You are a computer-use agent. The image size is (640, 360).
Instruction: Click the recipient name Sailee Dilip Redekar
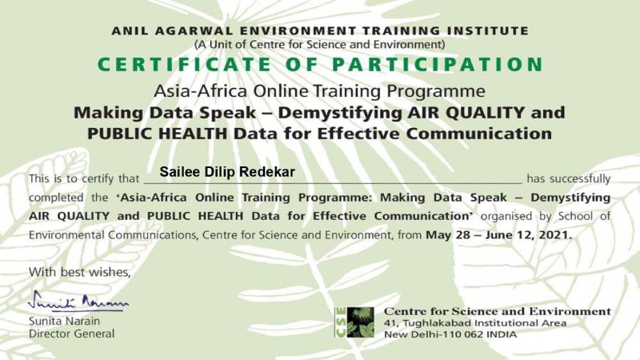click(x=227, y=172)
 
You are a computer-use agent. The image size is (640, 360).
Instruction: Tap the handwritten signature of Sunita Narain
click(x=78, y=302)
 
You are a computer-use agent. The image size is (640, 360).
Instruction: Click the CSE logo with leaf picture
click(x=354, y=322)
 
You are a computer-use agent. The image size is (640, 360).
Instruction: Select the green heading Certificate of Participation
click(x=321, y=65)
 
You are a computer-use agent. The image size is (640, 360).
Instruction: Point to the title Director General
click(x=71, y=334)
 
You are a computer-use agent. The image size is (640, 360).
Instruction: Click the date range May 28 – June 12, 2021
click(x=498, y=235)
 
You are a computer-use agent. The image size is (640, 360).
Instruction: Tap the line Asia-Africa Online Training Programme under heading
click(x=319, y=91)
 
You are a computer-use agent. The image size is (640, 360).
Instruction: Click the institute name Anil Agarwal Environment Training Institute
click(x=320, y=31)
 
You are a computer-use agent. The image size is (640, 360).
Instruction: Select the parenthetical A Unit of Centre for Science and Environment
click(x=319, y=45)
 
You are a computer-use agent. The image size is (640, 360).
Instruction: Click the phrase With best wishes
click(x=79, y=272)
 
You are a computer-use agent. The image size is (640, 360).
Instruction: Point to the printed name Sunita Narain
click(x=64, y=322)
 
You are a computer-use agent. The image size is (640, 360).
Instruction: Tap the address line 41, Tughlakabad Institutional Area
click(x=475, y=323)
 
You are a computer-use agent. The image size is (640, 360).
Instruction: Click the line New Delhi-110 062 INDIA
click(x=450, y=334)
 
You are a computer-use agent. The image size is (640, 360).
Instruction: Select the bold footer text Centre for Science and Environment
click(x=498, y=311)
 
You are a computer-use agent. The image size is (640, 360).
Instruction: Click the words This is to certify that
click(x=84, y=178)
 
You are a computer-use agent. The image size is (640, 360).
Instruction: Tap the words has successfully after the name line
click(x=569, y=178)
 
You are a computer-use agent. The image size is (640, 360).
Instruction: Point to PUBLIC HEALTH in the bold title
click(x=157, y=134)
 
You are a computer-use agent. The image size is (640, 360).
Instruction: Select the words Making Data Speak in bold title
click(x=165, y=113)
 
